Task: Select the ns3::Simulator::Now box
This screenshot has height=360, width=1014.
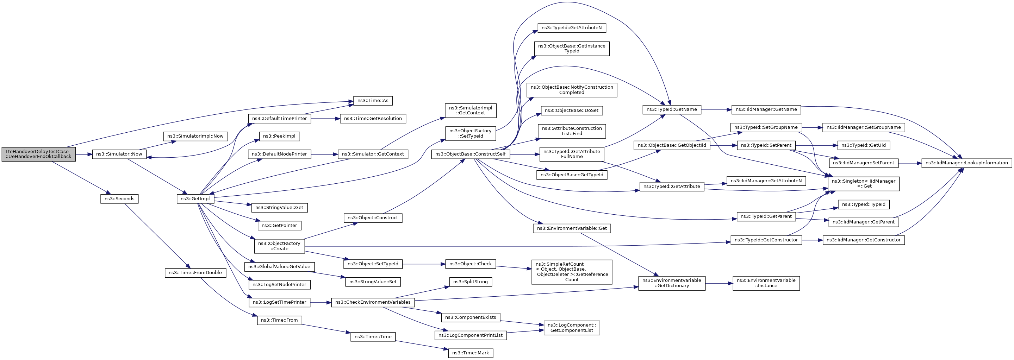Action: coord(119,154)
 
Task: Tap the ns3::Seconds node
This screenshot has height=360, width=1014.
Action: coord(119,199)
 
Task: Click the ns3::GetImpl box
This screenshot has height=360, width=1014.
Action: coord(195,199)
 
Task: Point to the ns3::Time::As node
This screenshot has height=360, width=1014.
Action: coord(373,101)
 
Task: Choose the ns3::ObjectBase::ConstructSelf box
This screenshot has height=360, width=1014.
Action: coord(471,154)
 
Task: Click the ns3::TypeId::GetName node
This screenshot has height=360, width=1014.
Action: coord(672,109)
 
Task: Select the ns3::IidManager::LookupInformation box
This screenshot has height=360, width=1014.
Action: coord(967,163)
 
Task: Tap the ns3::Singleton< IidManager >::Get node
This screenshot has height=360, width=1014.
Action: coord(864,184)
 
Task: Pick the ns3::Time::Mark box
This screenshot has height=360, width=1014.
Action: coord(471,353)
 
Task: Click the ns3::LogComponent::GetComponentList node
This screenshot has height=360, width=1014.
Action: coord(572,328)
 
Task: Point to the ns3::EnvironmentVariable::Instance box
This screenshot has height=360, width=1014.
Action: coord(766,283)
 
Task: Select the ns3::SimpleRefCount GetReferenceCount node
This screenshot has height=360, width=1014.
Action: coord(572,272)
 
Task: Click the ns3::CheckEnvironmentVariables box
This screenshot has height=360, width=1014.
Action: coord(373,302)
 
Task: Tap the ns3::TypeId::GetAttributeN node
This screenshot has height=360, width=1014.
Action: coord(572,28)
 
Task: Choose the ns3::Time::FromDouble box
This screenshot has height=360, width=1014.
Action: coord(195,273)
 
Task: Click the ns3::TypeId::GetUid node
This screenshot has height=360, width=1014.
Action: coord(864,145)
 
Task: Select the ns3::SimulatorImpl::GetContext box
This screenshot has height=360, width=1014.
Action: coord(471,110)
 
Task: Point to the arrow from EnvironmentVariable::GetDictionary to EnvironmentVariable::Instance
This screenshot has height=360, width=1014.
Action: coord(719,283)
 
